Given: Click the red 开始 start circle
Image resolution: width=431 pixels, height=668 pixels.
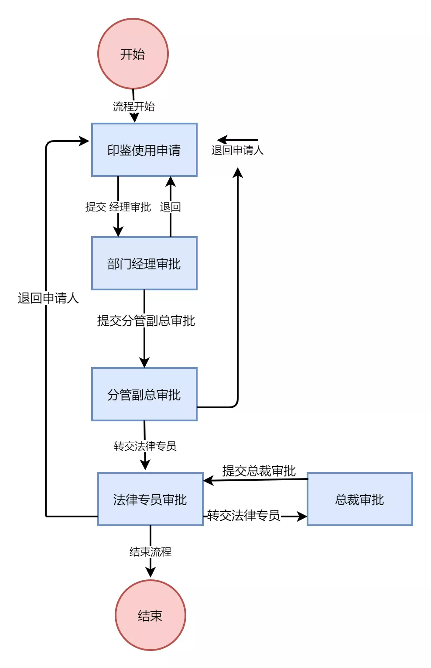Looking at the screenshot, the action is (x=133, y=54).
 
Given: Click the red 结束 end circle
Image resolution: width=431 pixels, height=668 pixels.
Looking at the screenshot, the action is (x=150, y=615).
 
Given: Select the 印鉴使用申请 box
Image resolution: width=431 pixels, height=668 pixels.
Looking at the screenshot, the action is (x=144, y=150).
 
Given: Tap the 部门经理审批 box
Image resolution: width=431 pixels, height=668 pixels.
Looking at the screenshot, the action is (x=144, y=263).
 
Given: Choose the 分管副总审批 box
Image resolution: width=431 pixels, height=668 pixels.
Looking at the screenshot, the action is (x=144, y=394).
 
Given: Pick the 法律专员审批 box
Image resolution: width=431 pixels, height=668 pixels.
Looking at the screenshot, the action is (x=151, y=499).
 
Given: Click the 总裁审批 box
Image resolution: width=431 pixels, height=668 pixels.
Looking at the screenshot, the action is (x=360, y=499).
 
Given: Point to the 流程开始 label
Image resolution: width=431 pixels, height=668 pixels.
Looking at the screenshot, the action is (x=134, y=107).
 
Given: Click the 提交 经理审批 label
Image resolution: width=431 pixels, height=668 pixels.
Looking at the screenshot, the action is (x=118, y=207).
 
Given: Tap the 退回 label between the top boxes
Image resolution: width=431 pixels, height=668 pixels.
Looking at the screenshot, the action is (x=171, y=207).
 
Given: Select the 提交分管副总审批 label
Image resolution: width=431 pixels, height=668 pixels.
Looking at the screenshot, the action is (x=146, y=320).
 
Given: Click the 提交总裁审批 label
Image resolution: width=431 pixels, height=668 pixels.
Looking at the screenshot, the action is (x=259, y=471).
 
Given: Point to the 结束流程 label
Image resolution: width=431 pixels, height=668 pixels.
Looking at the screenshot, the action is (x=151, y=552).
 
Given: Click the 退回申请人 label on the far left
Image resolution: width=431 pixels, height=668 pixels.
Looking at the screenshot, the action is (x=48, y=298).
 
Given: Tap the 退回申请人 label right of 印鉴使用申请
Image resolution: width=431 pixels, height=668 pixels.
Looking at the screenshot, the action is (x=238, y=150).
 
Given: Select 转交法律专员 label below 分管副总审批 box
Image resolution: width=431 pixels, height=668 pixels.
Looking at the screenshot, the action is (x=145, y=446).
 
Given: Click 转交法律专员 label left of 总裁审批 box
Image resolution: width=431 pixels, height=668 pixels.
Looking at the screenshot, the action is (x=244, y=515).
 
